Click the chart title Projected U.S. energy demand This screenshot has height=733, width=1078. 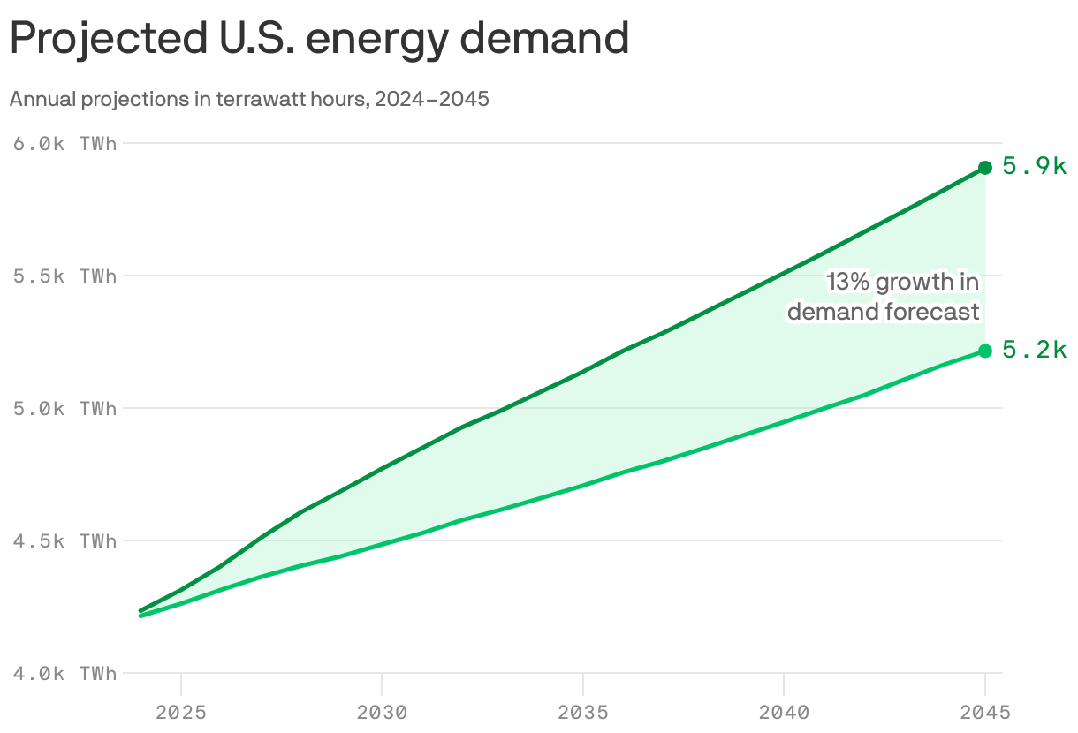point(319,40)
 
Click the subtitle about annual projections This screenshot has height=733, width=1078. point(249,99)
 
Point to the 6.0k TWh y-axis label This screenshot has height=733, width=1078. point(65,144)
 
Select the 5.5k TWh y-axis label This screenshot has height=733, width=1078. point(65,276)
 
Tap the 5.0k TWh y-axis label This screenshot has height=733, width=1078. point(65,409)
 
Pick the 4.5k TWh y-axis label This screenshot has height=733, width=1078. point(65,541)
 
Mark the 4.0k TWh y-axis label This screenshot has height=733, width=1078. point(65,674)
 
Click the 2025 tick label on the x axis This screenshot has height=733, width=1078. point(180,712)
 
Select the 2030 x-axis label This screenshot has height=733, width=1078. point(382,712)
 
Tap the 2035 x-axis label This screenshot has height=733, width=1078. point(583,712)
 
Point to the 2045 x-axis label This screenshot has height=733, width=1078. point(985,712)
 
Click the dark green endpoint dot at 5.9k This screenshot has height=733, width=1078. point(985,168)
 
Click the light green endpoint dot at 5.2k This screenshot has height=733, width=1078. point(985,351)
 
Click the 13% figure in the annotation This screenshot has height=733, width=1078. point(848,282)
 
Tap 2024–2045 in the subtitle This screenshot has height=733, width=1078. point(431,99)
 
